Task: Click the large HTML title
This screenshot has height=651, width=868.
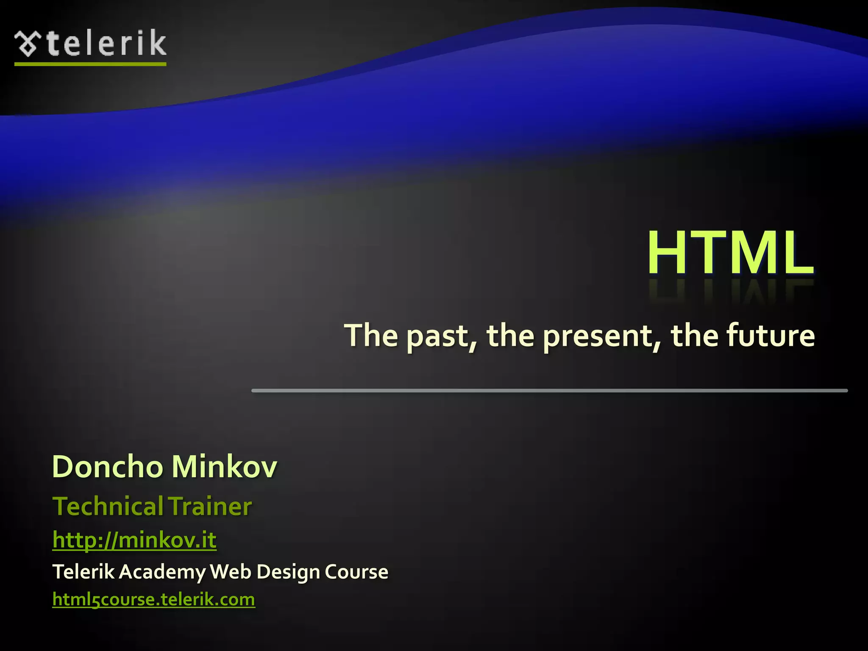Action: click(x=730, y=253)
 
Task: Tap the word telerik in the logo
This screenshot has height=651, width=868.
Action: click(x=106, y=43)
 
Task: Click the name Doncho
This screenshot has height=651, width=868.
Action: click(x=108, y=467)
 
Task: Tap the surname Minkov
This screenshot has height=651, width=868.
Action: click(x=224, y=467)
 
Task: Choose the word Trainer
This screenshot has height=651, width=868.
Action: click(x=210, y=506)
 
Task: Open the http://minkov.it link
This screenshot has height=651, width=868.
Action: click(x=134, y=540)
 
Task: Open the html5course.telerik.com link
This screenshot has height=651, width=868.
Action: click(x=153, y=600)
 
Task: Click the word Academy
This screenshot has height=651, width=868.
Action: click(x=162, y=572)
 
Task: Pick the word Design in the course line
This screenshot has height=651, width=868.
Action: click(x=288, y=572)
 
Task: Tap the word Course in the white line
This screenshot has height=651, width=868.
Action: click(x=356, y=572)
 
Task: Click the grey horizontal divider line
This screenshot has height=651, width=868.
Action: click(x=549, y=390)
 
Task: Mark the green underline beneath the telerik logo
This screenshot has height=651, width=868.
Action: click(x=90, y=64)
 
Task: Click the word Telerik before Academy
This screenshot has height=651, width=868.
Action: click(x=83, y=572)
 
